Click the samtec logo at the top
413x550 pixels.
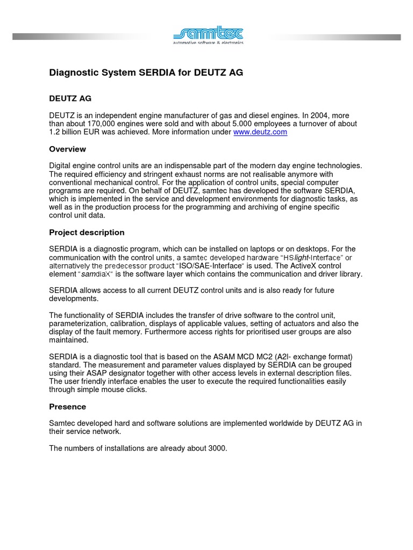tap(208, 35)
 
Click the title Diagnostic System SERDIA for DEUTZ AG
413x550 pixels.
tap(146, 73)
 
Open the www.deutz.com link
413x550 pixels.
tap(260, 132)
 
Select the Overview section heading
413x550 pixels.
tap(67, 149)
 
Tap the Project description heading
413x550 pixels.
tap(87, 233)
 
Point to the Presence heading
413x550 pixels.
tap(67, 407)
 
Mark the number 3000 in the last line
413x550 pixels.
tap(216, 448)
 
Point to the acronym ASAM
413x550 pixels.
tap(227, 357)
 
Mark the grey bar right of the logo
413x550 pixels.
tap(333, 37)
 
